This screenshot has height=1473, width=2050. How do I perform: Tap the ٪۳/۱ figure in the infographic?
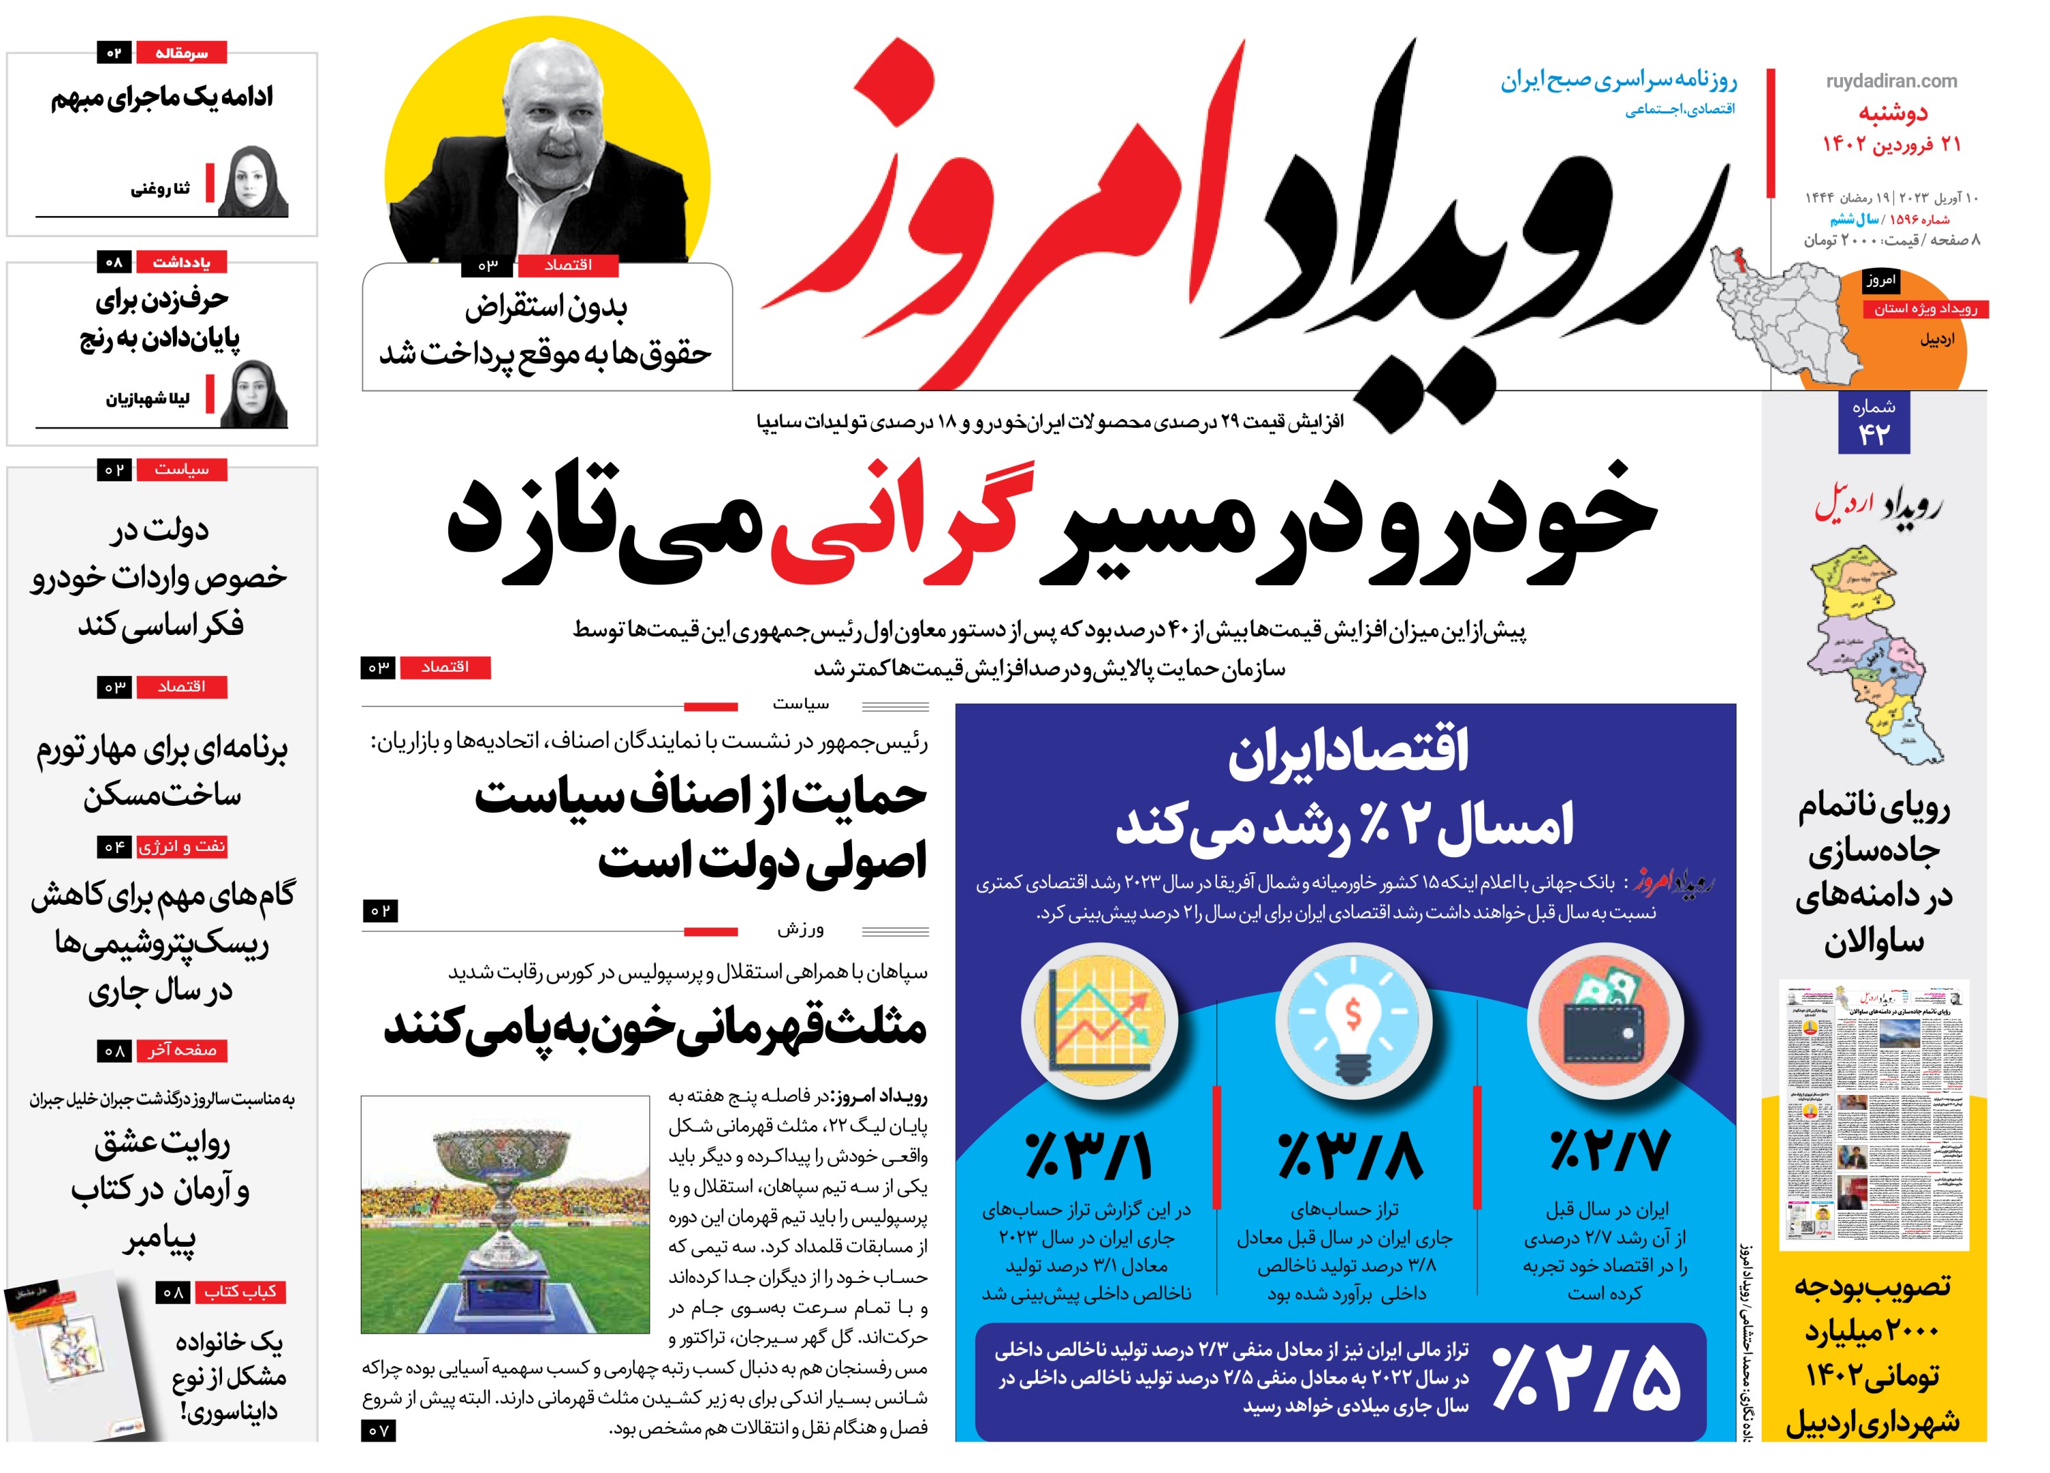[1089, 1157]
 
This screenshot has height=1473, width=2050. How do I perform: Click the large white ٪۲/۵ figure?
[1587, 1378]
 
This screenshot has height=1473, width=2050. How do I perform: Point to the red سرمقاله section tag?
[181, 53]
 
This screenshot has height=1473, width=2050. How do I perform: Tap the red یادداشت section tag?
[181, 263]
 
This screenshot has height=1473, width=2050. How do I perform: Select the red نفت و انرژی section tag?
[182, 846]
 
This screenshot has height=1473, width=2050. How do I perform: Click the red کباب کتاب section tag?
[240, 1291]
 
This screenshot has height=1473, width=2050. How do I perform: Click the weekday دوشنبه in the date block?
[1893, 113]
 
